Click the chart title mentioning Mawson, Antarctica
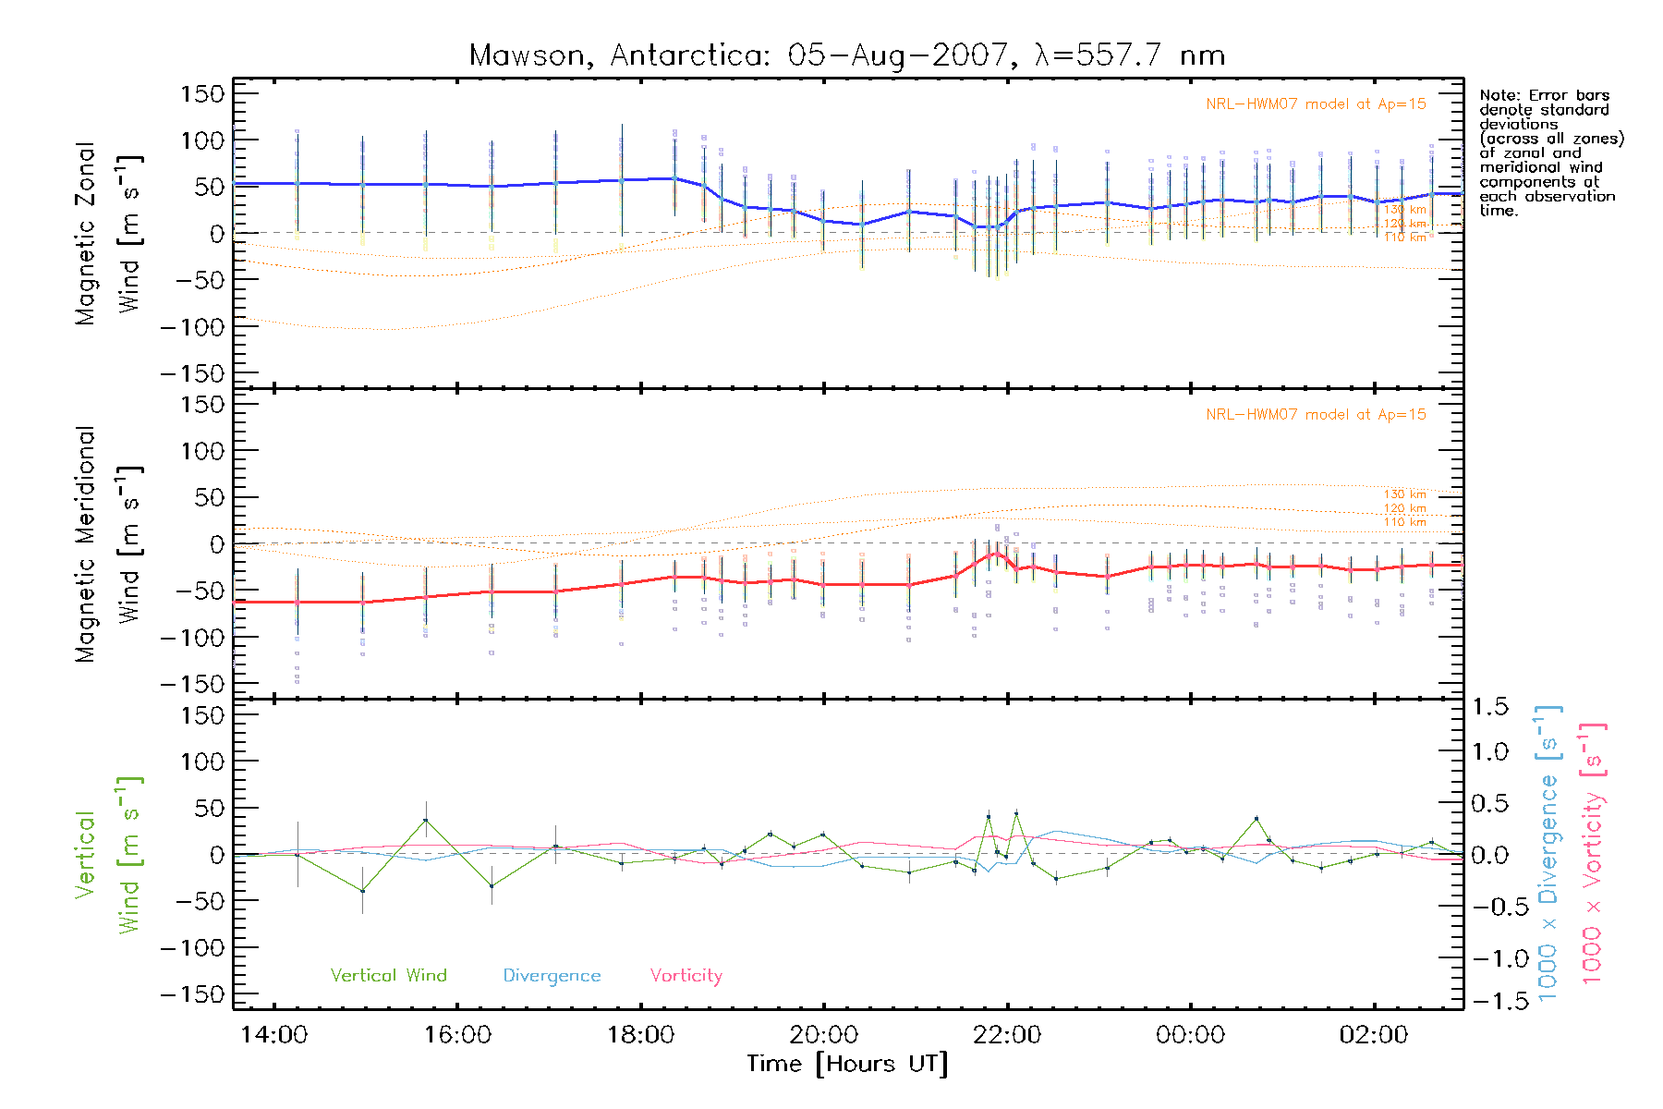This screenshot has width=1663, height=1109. [x=846, y=55]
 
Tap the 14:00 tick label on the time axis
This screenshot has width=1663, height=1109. [x=273, y=1034]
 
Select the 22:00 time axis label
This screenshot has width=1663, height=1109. [x=1007, y=1034]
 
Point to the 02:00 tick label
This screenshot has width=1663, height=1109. [x=1374, y=1034]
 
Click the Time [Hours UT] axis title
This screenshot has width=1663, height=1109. [x=846, y=1064]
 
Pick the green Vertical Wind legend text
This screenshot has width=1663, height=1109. [x=388, y=975]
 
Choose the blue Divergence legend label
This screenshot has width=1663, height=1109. [x=552, y=976]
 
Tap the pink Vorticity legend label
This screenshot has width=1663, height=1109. [x=686, y=976]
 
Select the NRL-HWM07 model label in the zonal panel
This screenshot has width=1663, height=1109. [x=1316, y=104]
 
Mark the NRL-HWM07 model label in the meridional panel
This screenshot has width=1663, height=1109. [x=1316, y=414]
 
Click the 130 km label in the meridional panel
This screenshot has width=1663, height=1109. [x=1404, y=494]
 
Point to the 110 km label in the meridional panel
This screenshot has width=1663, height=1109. [x=1404, y=522]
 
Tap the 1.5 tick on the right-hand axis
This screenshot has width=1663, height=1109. [x=1490, y=707]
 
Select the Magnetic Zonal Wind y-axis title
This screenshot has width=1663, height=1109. [x=107, y=234]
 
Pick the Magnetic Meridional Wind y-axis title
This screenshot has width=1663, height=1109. [x=107, y=544]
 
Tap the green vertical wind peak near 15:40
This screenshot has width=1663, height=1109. [x=426, y=820]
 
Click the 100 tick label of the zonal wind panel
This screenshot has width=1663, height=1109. [x=203, y=140]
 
